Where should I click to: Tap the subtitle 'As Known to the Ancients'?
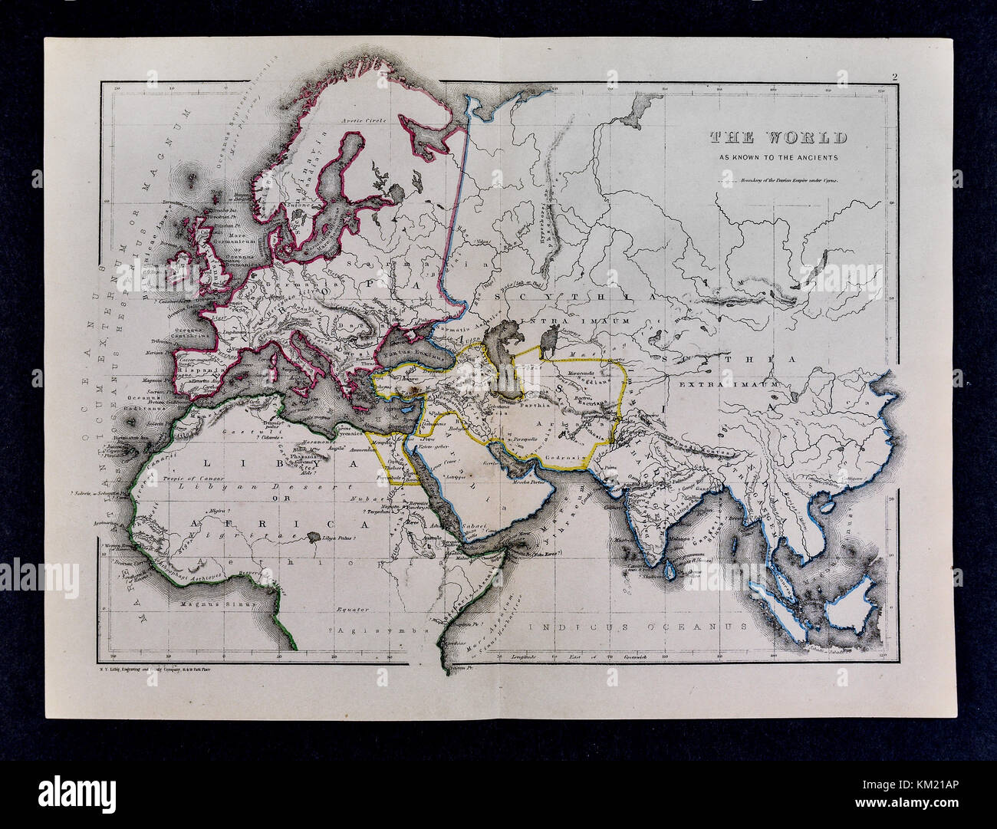click(x=778, y=158)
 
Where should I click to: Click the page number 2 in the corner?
click(x=894, y=75)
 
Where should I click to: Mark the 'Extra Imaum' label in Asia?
click(x=728, y=383)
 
